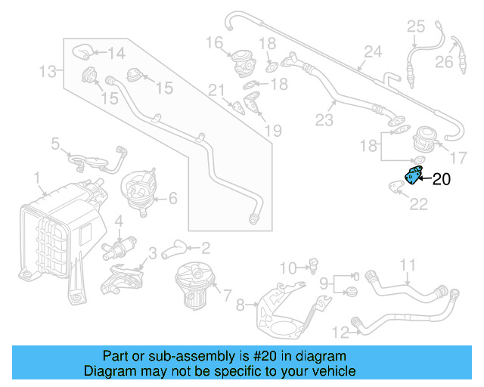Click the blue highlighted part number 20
414,175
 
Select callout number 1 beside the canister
36,178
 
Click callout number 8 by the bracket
240,305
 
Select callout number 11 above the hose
408,265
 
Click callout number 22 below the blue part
418,203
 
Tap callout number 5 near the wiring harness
55,142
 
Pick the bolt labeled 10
310,265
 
